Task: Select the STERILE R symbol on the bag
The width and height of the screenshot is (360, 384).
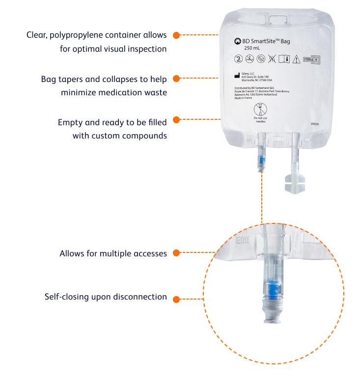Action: coord(311,59)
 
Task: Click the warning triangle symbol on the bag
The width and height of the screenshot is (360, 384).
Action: coord(296,59)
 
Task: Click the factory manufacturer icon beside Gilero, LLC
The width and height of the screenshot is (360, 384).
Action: coord(237,76)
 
